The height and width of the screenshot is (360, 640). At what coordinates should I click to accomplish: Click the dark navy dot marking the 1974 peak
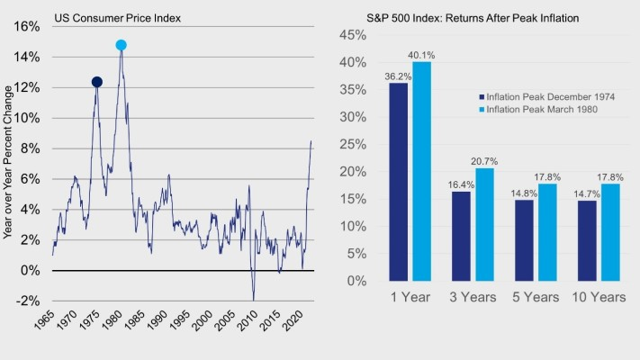pyautogui.click(x=97, y=83)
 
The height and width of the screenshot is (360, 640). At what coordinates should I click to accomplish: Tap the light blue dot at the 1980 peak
pyautogui.click(x=122, y=45)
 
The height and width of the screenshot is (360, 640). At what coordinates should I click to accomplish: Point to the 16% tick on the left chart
pyautogui.click(x=28, y=27)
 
